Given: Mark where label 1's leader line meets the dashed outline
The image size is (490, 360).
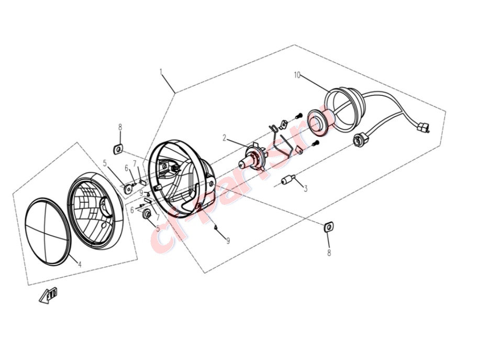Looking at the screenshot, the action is click(175, 93).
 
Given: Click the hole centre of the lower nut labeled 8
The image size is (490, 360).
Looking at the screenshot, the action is click(328, 226).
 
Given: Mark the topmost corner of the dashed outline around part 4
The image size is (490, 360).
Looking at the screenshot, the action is click(77, 143).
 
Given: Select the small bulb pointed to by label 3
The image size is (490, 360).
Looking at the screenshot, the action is click(288, 180).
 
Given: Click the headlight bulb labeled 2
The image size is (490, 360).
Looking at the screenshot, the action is click(252, 157).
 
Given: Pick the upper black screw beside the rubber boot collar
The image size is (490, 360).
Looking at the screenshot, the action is click(298, 116).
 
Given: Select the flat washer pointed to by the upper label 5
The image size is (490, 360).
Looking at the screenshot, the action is click(128, 189).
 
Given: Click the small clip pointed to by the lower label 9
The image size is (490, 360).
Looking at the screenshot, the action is click(216, 227).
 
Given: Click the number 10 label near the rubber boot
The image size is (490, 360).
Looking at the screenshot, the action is click(297, 75).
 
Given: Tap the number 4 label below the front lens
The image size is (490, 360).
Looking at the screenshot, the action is click(80, 265).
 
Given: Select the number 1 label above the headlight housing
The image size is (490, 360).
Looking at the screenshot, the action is click(161, 72).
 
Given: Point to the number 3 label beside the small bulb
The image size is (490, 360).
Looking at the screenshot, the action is click(306, 189).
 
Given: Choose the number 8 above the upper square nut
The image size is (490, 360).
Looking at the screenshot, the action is click(120, 127).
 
